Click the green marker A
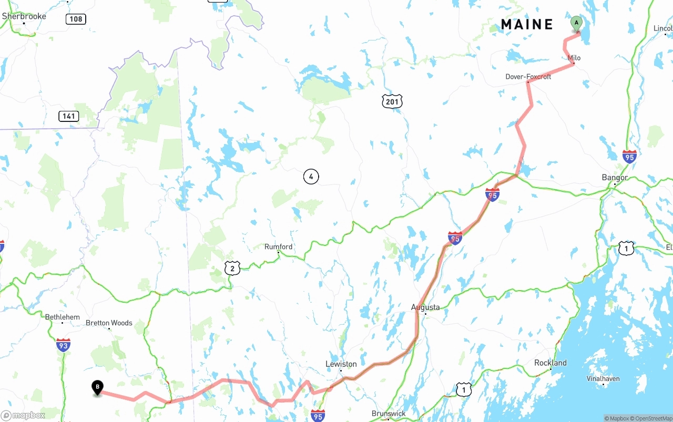point(576,24)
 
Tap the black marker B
point(97,387)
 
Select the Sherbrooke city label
point(24,16)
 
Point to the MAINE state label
point(527,25)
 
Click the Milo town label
point(574,58)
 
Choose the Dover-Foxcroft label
point(528,77)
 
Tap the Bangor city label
point(615,178)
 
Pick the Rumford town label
point(278,246)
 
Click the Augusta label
point(425,307)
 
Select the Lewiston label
point(341,364)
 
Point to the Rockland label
point(550,363)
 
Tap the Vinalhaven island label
point(603,378)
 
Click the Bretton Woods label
point(109,323)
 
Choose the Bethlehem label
point(63,317)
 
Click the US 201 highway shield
point(392,101)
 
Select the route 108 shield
point(76,19)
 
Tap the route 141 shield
point(69,116)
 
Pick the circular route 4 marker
point(311,177)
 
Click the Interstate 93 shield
point(63,345)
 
